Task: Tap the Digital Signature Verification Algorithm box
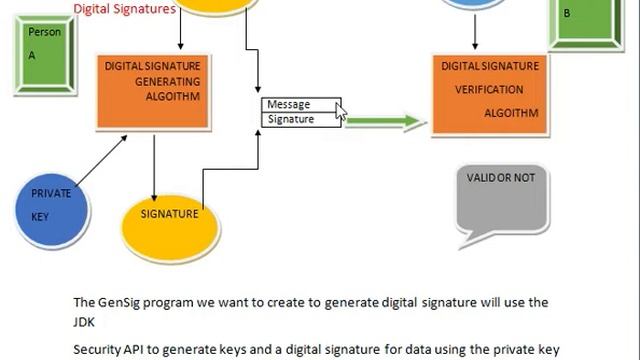point(490,90)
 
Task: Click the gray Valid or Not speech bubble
point(501,200)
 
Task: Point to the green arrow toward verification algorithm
point(385,122)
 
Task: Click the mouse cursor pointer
point(341,113)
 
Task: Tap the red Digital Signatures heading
point(125,9)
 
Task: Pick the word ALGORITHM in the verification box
point(511,112)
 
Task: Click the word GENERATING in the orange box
point(167,81)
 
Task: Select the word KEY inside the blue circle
point(40,216)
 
